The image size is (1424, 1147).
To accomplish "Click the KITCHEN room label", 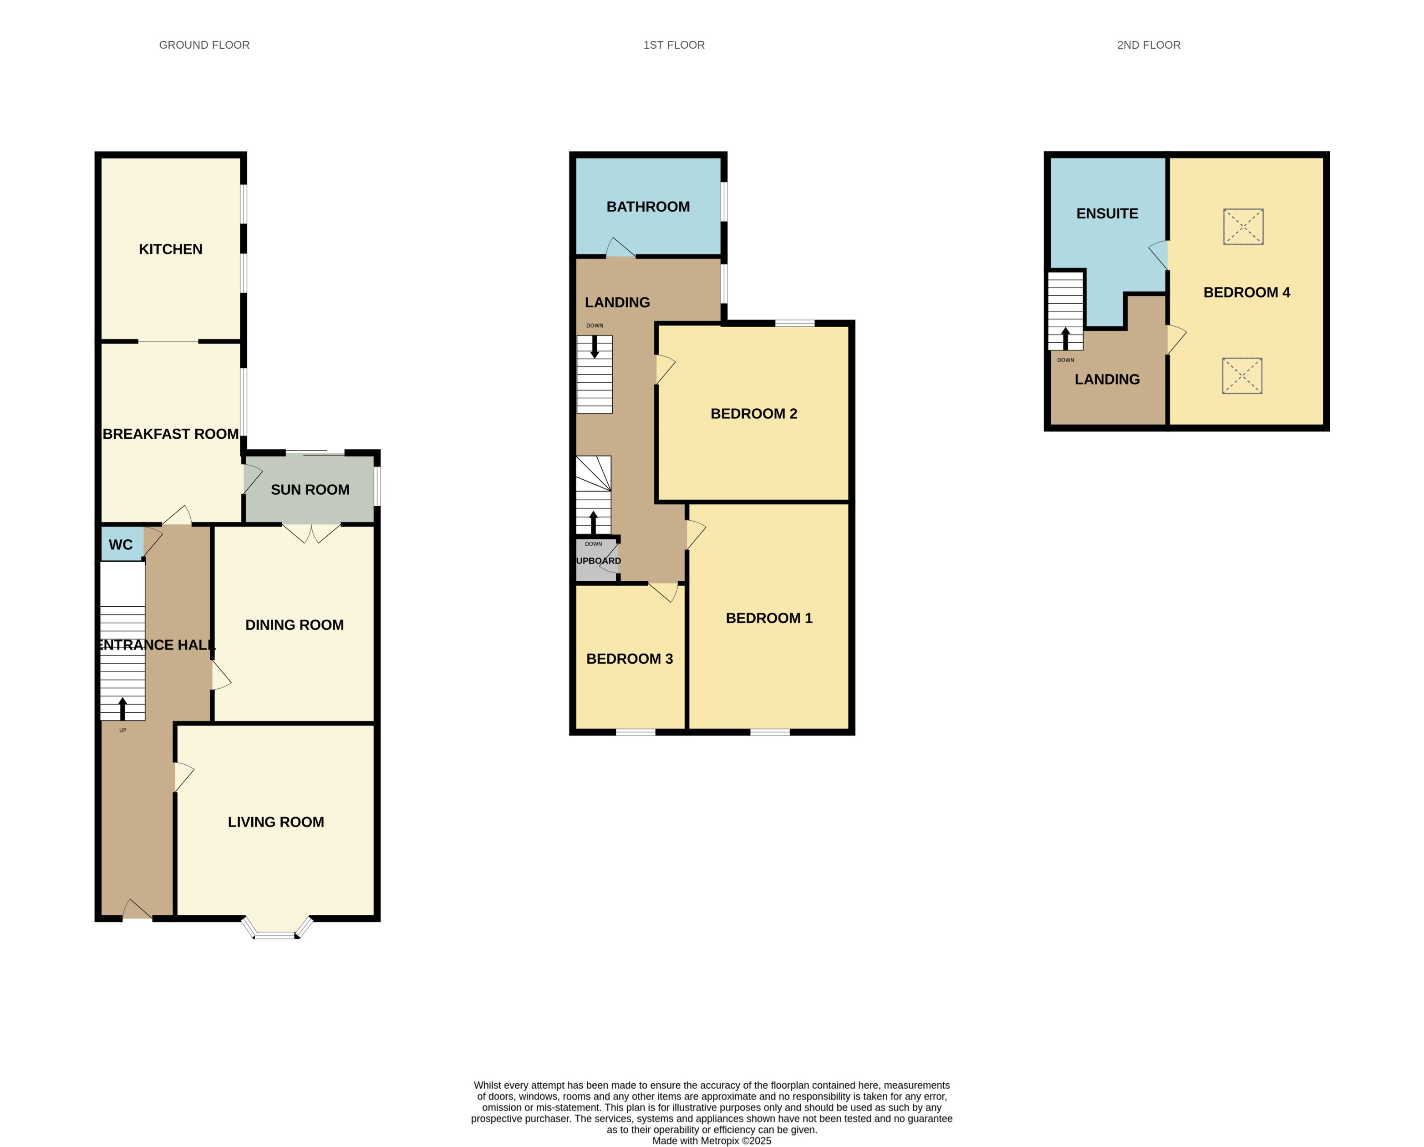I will (170, 249).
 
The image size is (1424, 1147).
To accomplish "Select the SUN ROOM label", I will (310, 490).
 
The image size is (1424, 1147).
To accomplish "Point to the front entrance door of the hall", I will (137, 912).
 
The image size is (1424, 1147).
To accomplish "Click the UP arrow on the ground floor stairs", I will (122, 709).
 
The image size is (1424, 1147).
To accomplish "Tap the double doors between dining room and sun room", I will (311, 532).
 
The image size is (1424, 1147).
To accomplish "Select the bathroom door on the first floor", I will (620, 249).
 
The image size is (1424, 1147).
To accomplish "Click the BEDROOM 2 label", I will (753, 414).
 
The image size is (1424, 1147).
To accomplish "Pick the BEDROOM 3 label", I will (629, 659).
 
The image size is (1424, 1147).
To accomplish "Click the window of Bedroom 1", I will (770, 732).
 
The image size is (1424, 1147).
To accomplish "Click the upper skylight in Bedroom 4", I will (1243, 227).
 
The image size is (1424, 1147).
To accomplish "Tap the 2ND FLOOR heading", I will (1149, 45).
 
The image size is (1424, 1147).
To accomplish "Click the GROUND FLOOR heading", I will (204, 45).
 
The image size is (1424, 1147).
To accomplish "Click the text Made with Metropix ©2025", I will (712, 1140).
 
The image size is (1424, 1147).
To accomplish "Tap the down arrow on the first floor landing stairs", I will (594, 347).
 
